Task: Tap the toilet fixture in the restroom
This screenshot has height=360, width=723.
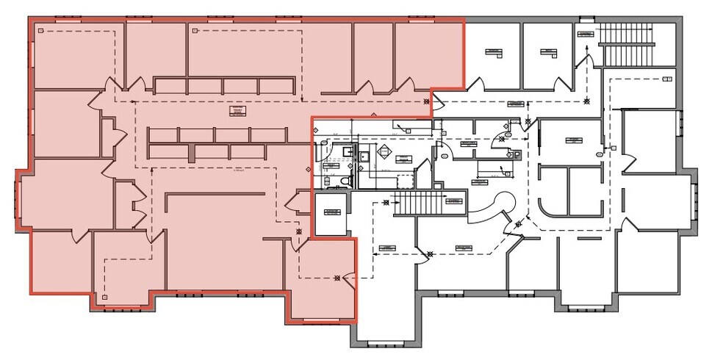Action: [x=347, y=179]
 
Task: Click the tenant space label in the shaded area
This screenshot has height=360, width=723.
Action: [x=237, y=111]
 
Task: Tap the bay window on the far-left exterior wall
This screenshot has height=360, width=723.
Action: [x=17, y=201]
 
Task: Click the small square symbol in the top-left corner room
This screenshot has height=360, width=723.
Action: [x=42, y=30]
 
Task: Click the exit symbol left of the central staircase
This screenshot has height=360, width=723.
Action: [x=385, y=204]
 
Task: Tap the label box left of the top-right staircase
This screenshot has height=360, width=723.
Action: [x=585, y=34]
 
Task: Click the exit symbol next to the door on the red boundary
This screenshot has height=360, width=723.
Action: [x=337, y=278]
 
